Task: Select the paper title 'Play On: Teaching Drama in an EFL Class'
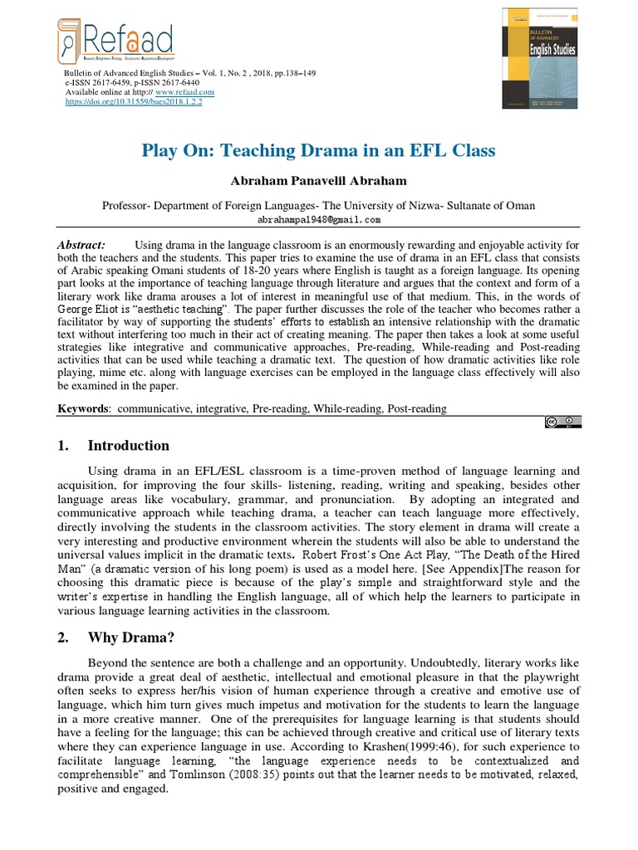[x=319, y=151]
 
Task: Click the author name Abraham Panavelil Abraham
[x=319, y=181]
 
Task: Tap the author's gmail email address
[x=319, y=220]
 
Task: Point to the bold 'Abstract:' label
[x=81, y=246]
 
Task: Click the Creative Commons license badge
[x=563, y=423]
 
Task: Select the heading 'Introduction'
[x=129, y=446]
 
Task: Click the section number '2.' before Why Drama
[x=63, y=639]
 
